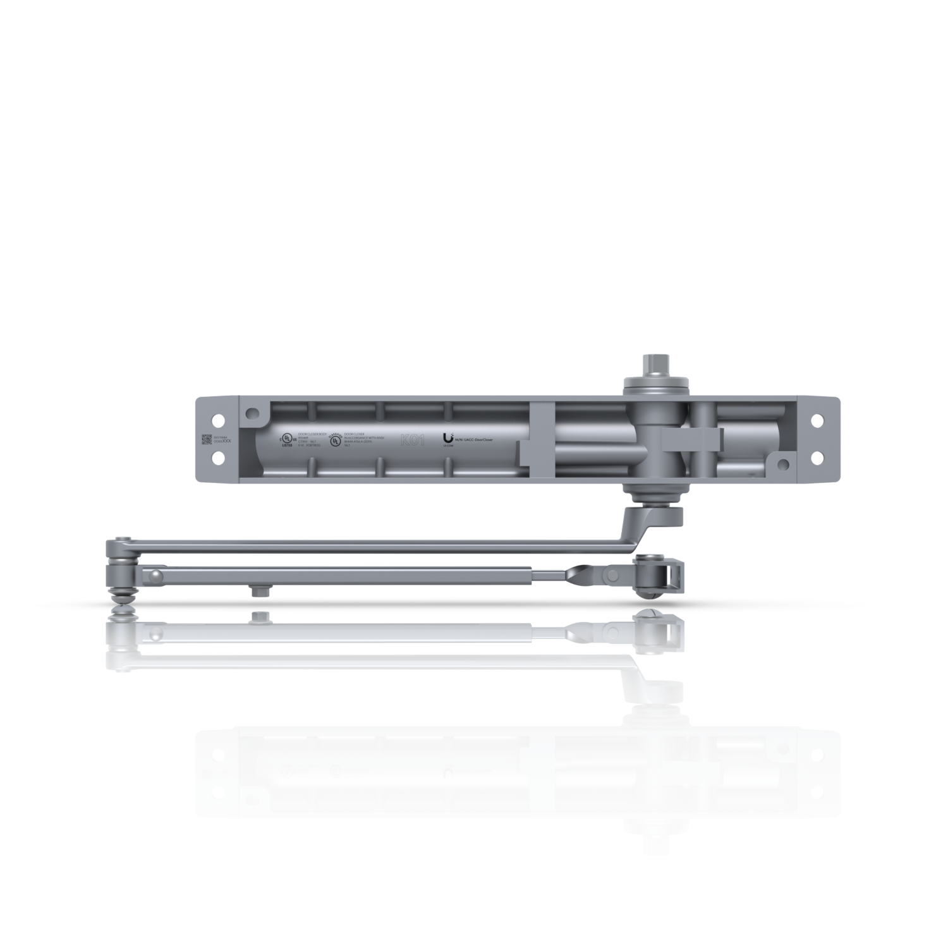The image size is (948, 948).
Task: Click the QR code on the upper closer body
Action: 207,439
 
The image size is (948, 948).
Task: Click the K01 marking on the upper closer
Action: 412,440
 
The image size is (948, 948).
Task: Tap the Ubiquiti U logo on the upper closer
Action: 449,437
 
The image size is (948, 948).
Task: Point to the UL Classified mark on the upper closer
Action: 335,439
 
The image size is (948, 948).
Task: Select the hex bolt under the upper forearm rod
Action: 257,592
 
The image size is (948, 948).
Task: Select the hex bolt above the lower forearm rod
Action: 257,617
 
